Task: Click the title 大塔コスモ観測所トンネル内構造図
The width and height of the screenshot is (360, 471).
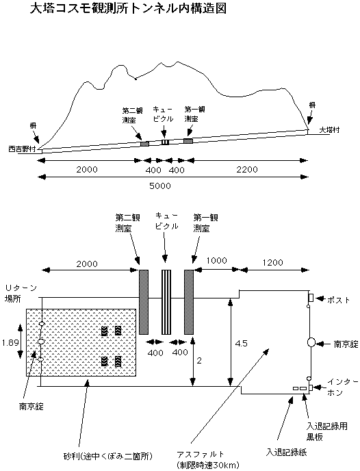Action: click(128, 9)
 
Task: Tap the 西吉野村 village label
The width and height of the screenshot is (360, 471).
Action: click(23, 149)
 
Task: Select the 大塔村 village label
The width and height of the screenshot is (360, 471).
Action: click(329, 130)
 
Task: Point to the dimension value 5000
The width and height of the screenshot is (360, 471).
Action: click(160, 186)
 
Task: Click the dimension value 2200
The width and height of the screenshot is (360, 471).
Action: click(247, 170)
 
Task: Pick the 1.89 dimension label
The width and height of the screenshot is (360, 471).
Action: click(10, 342)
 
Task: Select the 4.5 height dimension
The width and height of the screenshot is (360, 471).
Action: click(241, 343)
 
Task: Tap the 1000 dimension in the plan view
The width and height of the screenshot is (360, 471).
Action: click(216, 260)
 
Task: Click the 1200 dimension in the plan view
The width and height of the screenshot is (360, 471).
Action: click(272, 262)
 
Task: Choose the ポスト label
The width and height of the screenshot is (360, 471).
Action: click(339, 300)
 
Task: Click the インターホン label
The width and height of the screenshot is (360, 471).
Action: click(343, 387)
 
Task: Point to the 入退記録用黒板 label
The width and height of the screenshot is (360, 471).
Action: click(326, 431)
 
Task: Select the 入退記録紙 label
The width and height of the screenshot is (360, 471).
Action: click(287, 452)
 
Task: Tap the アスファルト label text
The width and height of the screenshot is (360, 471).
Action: click(201, 454)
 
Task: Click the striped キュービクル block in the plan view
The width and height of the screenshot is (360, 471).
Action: click(166, 302)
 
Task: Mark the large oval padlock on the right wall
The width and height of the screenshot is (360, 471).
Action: click(311, 342)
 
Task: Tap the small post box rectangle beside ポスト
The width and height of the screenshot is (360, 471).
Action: click(311, 298)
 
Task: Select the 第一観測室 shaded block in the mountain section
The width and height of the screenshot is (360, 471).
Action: click(188, 141)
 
